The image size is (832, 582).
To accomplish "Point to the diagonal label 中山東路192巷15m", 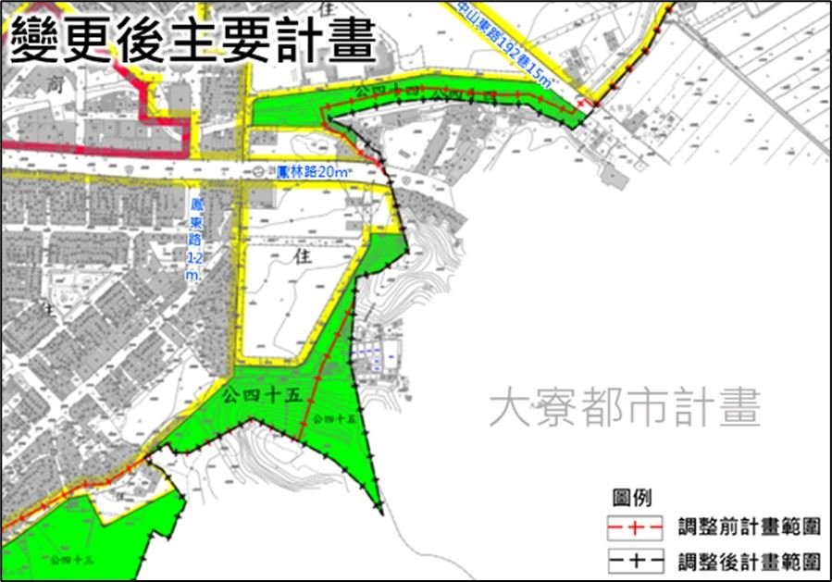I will point(505,44).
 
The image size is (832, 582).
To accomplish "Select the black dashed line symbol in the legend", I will point(634,561).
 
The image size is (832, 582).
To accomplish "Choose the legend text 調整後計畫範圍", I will point(749,561).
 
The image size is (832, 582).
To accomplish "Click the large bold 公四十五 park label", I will point(264,396).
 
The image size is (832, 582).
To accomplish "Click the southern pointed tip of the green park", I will point(379,511).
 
